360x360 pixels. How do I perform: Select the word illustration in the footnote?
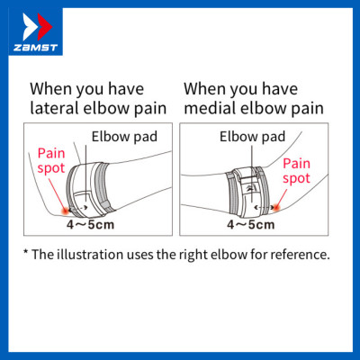click(100, 254)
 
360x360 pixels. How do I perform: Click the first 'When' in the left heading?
click(50, 89)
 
